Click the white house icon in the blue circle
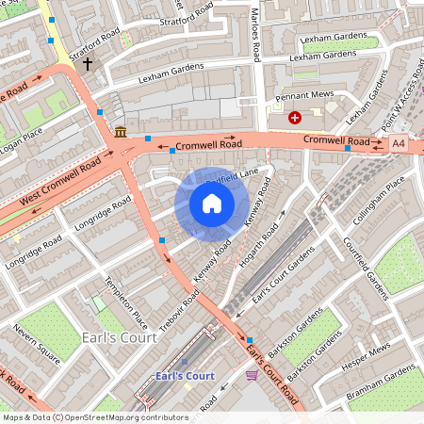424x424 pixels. (212, 204)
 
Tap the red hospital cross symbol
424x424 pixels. (295, 118)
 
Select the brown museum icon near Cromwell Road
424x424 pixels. (121, 132)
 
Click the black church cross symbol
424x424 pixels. (89, 64)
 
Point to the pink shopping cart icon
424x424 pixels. (252, 375)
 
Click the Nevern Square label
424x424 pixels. (37, 345)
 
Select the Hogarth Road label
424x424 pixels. (258, 246)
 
